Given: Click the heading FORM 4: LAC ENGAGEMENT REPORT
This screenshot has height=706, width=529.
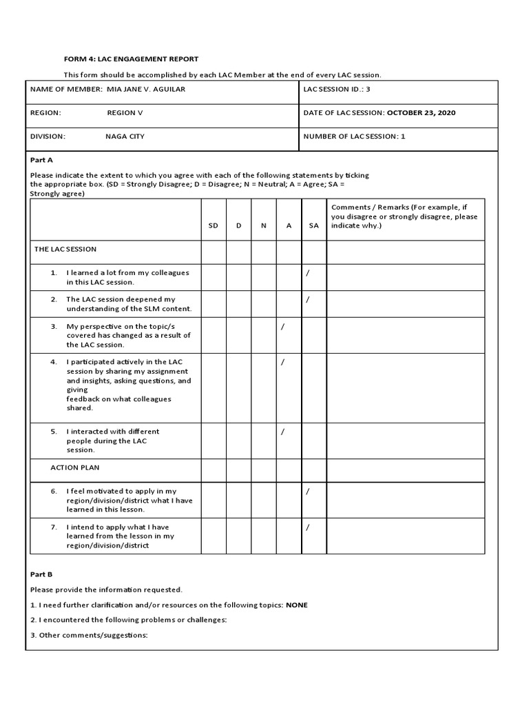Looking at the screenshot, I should [x=131, y=59].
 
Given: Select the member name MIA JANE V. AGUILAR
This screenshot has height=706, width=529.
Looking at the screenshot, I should [x=146, y=90].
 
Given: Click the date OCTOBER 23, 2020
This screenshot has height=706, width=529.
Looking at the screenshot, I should [x=421, y=113].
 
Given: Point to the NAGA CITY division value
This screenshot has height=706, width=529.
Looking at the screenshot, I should [x=125, y=137].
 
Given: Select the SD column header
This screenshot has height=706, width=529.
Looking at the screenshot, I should [x=214, y=225].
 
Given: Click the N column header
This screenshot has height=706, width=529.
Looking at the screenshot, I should [x=263, y=225].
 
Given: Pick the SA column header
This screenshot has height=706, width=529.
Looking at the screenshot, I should [x=313, y=225].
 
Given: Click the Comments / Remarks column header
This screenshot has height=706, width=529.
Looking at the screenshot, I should [x=404, y=216].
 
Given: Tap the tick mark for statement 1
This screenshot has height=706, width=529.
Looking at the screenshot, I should [x=308, y=273].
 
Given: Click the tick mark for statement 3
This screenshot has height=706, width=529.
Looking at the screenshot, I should [x=282, y=326].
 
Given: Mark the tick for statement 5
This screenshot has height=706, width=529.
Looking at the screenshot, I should [x=282, y=432].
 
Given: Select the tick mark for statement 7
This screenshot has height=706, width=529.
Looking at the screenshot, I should [x=308, y=527].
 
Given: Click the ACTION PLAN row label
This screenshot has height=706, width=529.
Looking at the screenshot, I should [x=74, y=467].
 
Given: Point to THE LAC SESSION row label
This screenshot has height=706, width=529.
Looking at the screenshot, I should [x=65, y=249].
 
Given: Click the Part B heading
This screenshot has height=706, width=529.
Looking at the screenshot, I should [x=41, y=574].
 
